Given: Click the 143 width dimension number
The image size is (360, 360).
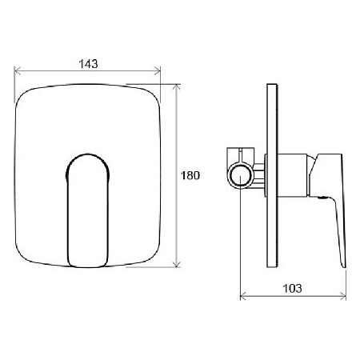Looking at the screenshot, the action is (88, 64).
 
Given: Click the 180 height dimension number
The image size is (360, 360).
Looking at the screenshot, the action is (190, 175).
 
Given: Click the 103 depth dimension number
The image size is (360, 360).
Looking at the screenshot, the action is (292, 288).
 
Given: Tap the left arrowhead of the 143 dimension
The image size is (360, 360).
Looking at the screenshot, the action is (18, 71).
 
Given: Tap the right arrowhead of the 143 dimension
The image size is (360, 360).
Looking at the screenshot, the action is (158, 71).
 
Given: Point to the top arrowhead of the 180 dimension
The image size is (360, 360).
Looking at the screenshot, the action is (176, 87).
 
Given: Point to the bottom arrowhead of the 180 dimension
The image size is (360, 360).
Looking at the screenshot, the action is (176, 264).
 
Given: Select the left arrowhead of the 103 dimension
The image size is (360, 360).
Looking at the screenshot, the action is (243, 296).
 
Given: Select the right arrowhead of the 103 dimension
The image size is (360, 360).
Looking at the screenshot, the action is (342, 296).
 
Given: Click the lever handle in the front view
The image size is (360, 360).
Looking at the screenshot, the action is (88, 210).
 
